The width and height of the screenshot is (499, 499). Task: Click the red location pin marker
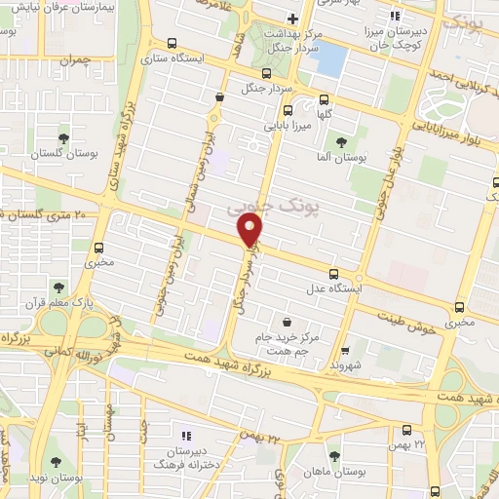click(x=251, y=231)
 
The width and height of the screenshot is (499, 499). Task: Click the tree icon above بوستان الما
click(x=340, y=141)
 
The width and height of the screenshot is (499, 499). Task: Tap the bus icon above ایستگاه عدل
click(x=334, y=275)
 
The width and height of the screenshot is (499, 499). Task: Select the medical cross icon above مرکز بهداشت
click(x=291, y=19)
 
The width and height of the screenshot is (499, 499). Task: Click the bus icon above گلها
click(x=325, y=98)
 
